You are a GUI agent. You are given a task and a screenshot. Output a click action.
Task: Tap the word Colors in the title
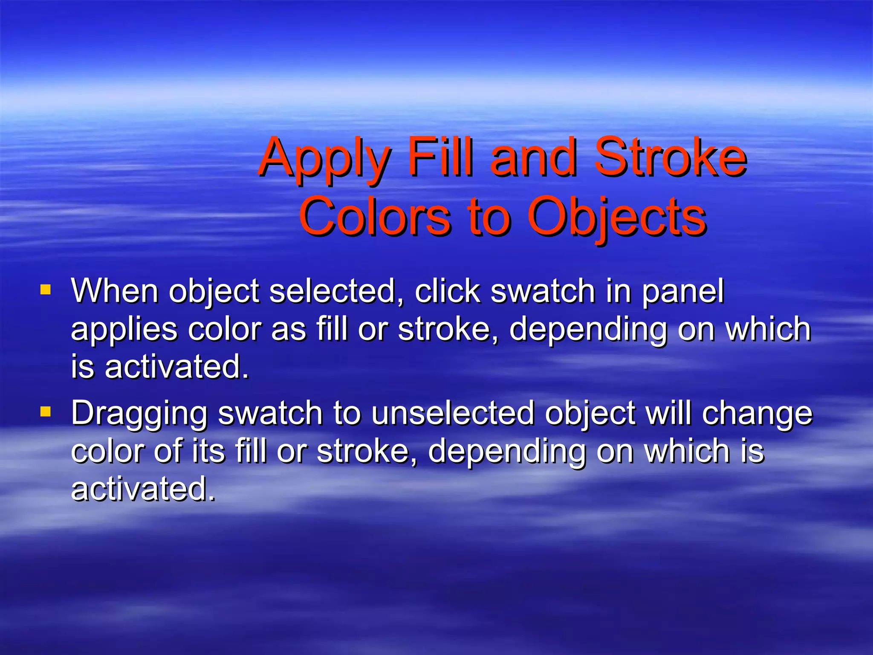(375, 217)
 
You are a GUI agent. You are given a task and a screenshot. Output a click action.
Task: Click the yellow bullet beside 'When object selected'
(45, 290)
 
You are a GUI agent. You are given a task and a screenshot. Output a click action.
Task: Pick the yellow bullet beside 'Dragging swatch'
(45, 412)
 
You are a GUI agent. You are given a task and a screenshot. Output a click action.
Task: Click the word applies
(124, 330)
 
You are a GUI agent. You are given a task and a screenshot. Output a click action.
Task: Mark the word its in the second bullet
(208, 451)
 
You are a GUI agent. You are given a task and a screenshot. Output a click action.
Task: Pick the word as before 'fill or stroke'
(289, 329)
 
